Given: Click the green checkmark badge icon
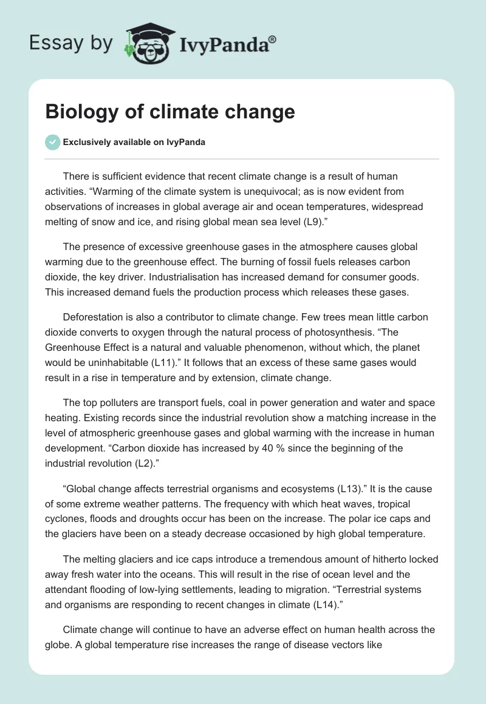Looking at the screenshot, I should tap(52, 142).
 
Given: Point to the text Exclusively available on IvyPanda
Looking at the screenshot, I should tap(134, 142).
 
